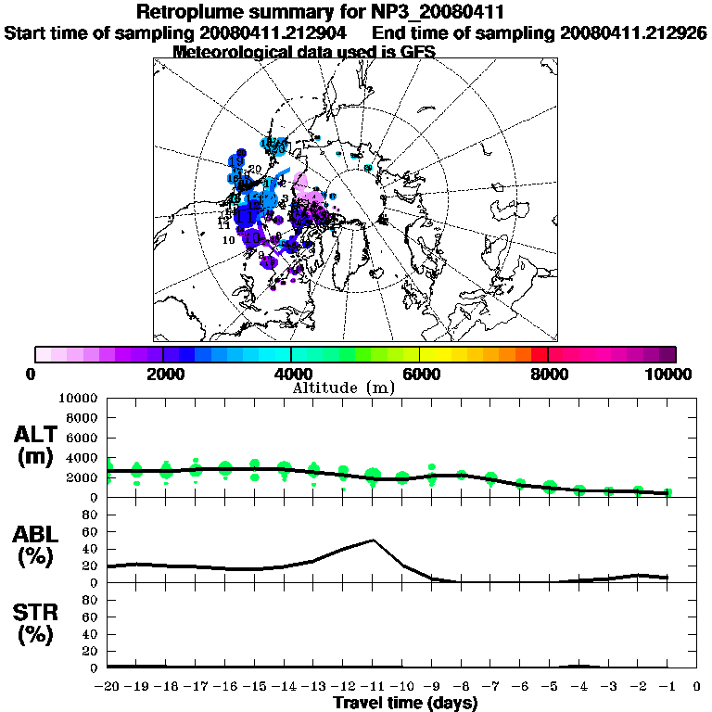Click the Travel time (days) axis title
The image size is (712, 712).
coord(405,703)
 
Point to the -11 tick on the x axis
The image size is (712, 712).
coord(373,687)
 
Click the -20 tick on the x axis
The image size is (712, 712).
coord(108,687)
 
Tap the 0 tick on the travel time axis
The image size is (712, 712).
coord(696,687)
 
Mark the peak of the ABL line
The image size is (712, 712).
coord(373,540)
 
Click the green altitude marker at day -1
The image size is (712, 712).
coord(667,492)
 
